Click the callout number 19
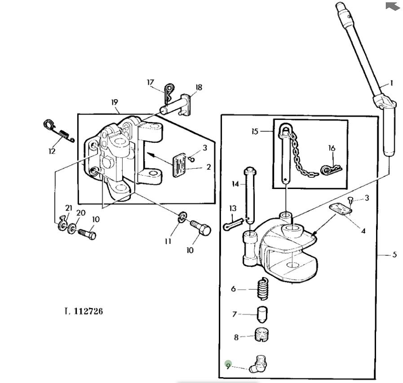(x=115, y=102)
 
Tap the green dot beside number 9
(x=228, y=364)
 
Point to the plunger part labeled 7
(x=263, y=314)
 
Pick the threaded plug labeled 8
(x=261, y=335)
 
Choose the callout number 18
(x=199, y=87)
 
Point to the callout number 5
(x=394, y=255)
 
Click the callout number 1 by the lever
(x=391, y=83)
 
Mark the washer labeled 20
(x=72, y=229)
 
